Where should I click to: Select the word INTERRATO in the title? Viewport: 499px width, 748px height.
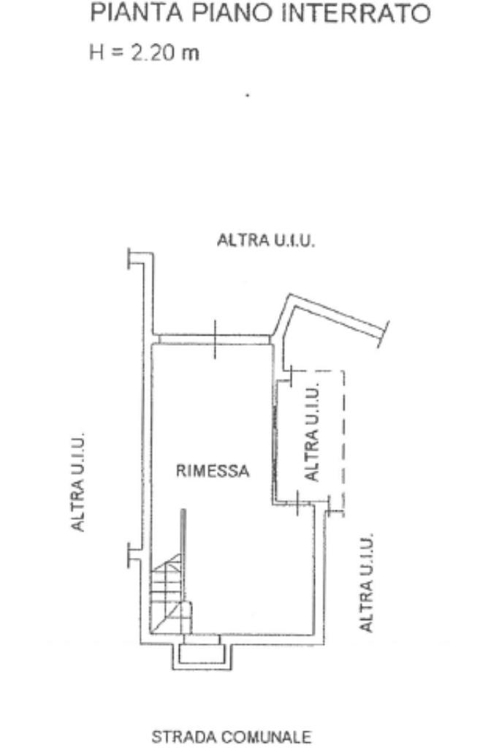(x=356, y=13)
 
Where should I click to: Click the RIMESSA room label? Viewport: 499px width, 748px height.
(x=213, y=471)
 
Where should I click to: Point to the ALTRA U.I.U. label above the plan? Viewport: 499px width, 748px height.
(x=266, y=240)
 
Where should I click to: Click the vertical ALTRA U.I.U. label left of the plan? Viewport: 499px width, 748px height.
(x=77, y=482)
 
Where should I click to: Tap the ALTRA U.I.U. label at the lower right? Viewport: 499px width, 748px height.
(x=365, y=583)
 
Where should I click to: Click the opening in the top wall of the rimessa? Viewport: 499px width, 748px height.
(x=215, y=339)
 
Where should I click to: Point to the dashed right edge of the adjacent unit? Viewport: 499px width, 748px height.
(x=343, y=441)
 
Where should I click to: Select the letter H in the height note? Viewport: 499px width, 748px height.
(x=96, y=52)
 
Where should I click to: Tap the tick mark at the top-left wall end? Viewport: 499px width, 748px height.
(x=129, y=258)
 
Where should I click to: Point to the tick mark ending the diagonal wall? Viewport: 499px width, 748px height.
(x=384, y=334)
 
